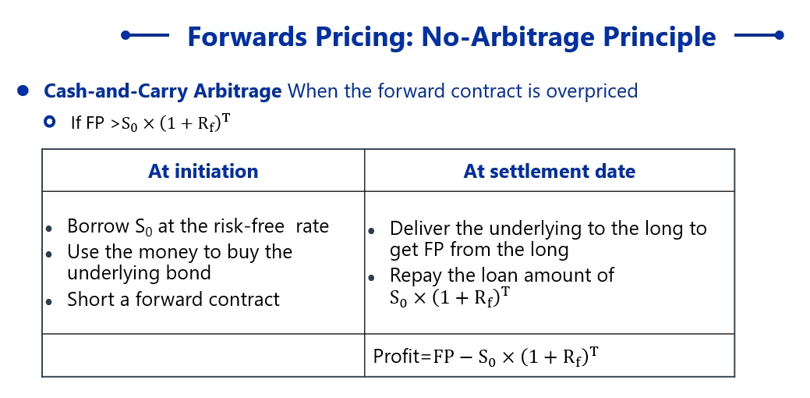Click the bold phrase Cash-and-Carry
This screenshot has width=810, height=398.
pyautogui.click(x=115, y=91)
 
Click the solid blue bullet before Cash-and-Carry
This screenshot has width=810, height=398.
pyautogui.click(x=23, y=91)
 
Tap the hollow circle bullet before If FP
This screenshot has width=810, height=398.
pyautogui.click(x=50, y=122)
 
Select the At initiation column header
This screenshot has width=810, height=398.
pyautogui.click(x=203, y=171)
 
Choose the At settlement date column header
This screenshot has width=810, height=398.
pyautogui.click(x=549, y=171)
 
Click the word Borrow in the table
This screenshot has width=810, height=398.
pyautogui.click(x=98, y=226)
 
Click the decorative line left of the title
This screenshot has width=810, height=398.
pyautogui.click(x=145, y=35)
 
